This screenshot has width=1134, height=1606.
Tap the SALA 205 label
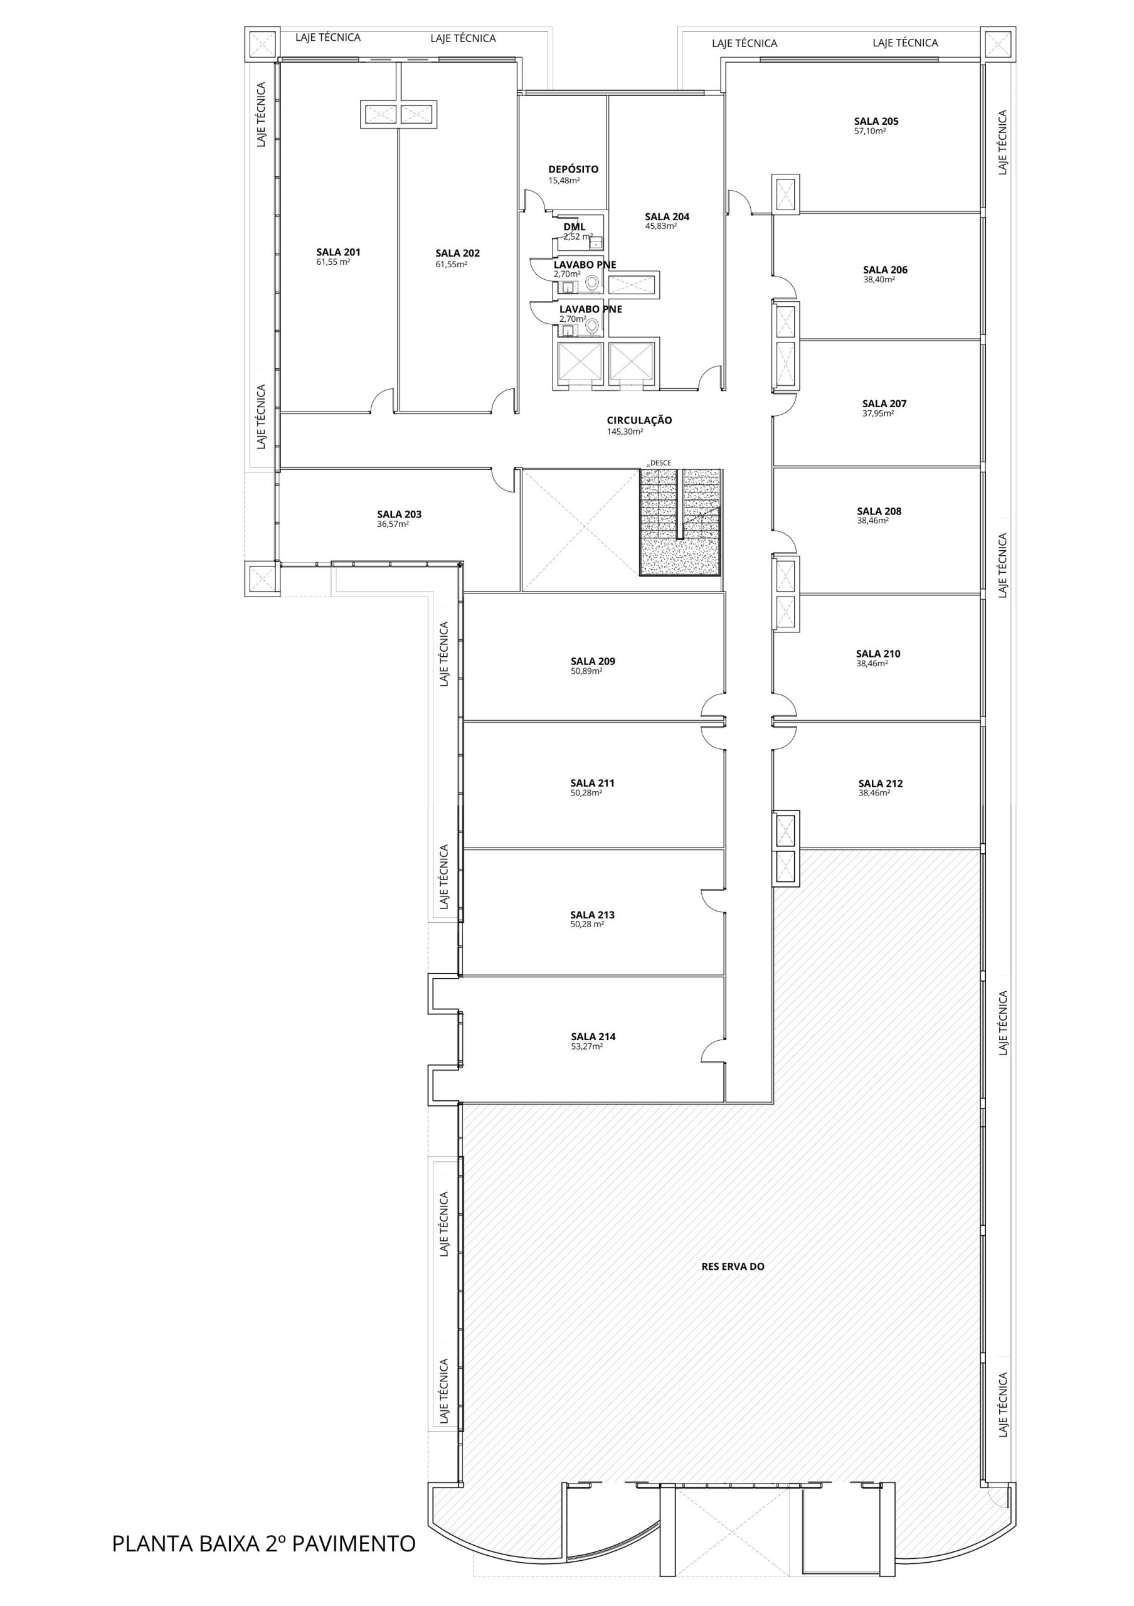(x=876, y=121)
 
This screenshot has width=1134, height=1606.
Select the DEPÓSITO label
(x=573, y=169)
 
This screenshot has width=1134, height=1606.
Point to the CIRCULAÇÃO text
(x=639, y=420)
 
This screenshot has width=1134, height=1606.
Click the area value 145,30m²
(x=625, y=432)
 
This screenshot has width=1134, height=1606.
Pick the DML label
(x=575, y=226)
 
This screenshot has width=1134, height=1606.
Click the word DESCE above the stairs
(x=660, y=463)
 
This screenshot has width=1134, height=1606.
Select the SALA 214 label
(x=593, y=1036)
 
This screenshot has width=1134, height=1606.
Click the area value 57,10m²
(x=870, y=132)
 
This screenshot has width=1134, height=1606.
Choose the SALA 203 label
(x=399, y=514)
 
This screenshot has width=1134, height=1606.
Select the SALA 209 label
(x=593, y=661)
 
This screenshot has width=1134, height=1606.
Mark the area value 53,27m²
(x=586, y=1047)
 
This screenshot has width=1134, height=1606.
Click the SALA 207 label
(x=884, y=403)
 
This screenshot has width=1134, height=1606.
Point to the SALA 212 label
(x=881, y=784)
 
